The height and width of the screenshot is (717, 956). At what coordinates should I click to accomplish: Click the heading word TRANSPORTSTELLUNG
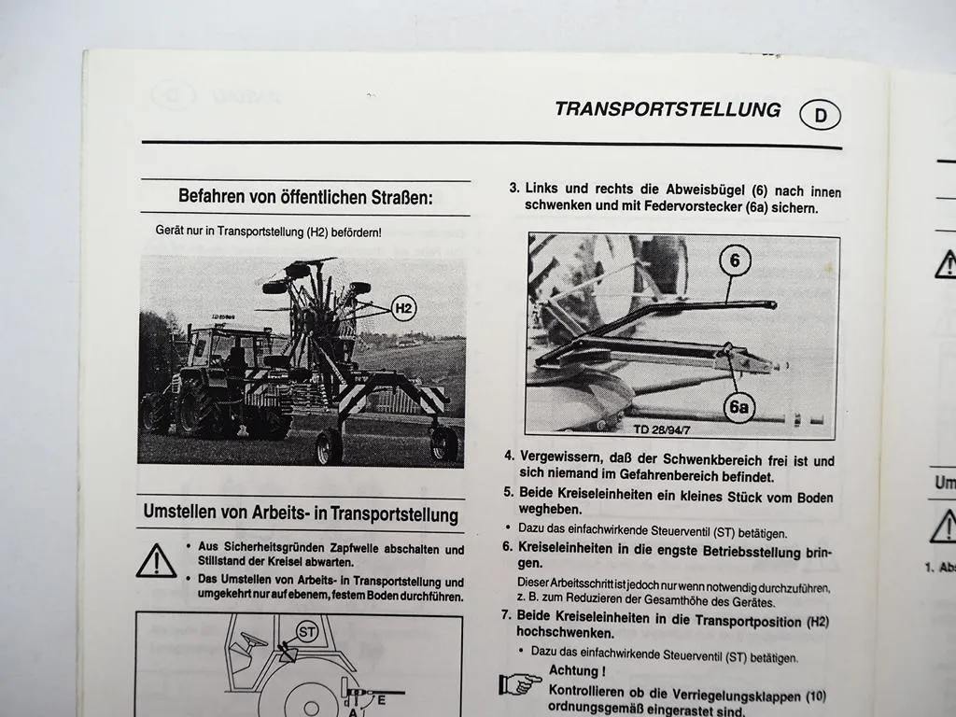pos(668,109)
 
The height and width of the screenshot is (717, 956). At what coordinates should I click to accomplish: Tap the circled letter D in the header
pos(820,115)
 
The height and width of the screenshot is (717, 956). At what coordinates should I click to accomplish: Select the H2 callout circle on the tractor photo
pos(403,308)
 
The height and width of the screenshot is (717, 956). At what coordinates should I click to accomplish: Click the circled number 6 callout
pos(735,260)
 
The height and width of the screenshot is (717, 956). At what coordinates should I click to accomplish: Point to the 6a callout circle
pos(739,407)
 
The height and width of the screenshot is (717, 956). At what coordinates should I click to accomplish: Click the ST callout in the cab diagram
pos(306,632)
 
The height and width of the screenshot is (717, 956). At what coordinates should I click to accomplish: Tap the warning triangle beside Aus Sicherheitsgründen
pos(156,561)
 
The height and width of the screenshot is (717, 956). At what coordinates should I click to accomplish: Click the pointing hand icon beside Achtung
pos(519,684)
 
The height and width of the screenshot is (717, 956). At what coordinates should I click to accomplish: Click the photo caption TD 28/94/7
pos(662,429)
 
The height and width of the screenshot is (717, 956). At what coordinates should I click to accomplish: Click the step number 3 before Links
pos(514,188)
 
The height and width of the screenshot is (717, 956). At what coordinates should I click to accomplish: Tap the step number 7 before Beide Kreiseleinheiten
pos(505,615)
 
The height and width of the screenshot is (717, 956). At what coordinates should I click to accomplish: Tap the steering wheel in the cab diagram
pos(254,640)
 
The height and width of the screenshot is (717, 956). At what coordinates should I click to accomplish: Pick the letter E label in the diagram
pos(382,700)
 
